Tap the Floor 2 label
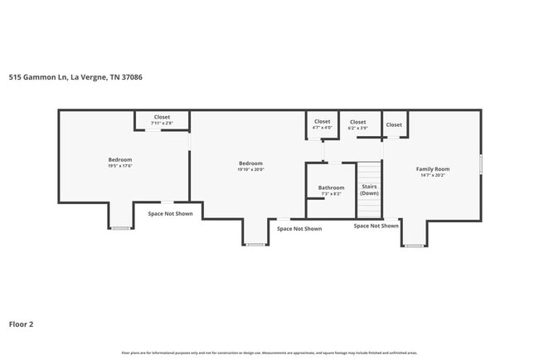pos(21,324)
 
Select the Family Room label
pos(432,169)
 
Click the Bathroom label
pos(331,187)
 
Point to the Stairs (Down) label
pos(369,189)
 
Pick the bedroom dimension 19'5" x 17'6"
pos(120,166)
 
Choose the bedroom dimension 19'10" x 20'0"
pos(250,169)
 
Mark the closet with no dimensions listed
pos(394,124)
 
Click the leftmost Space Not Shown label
pos(170,213)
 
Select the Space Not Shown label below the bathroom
pos(299,228)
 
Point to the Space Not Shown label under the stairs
pos(376,226)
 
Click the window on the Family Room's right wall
pos(481,164)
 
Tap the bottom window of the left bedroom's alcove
pos(120,228)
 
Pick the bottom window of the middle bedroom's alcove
pos(255,245)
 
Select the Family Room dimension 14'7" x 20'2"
pos(432,175)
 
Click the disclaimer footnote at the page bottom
pos(269,353)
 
